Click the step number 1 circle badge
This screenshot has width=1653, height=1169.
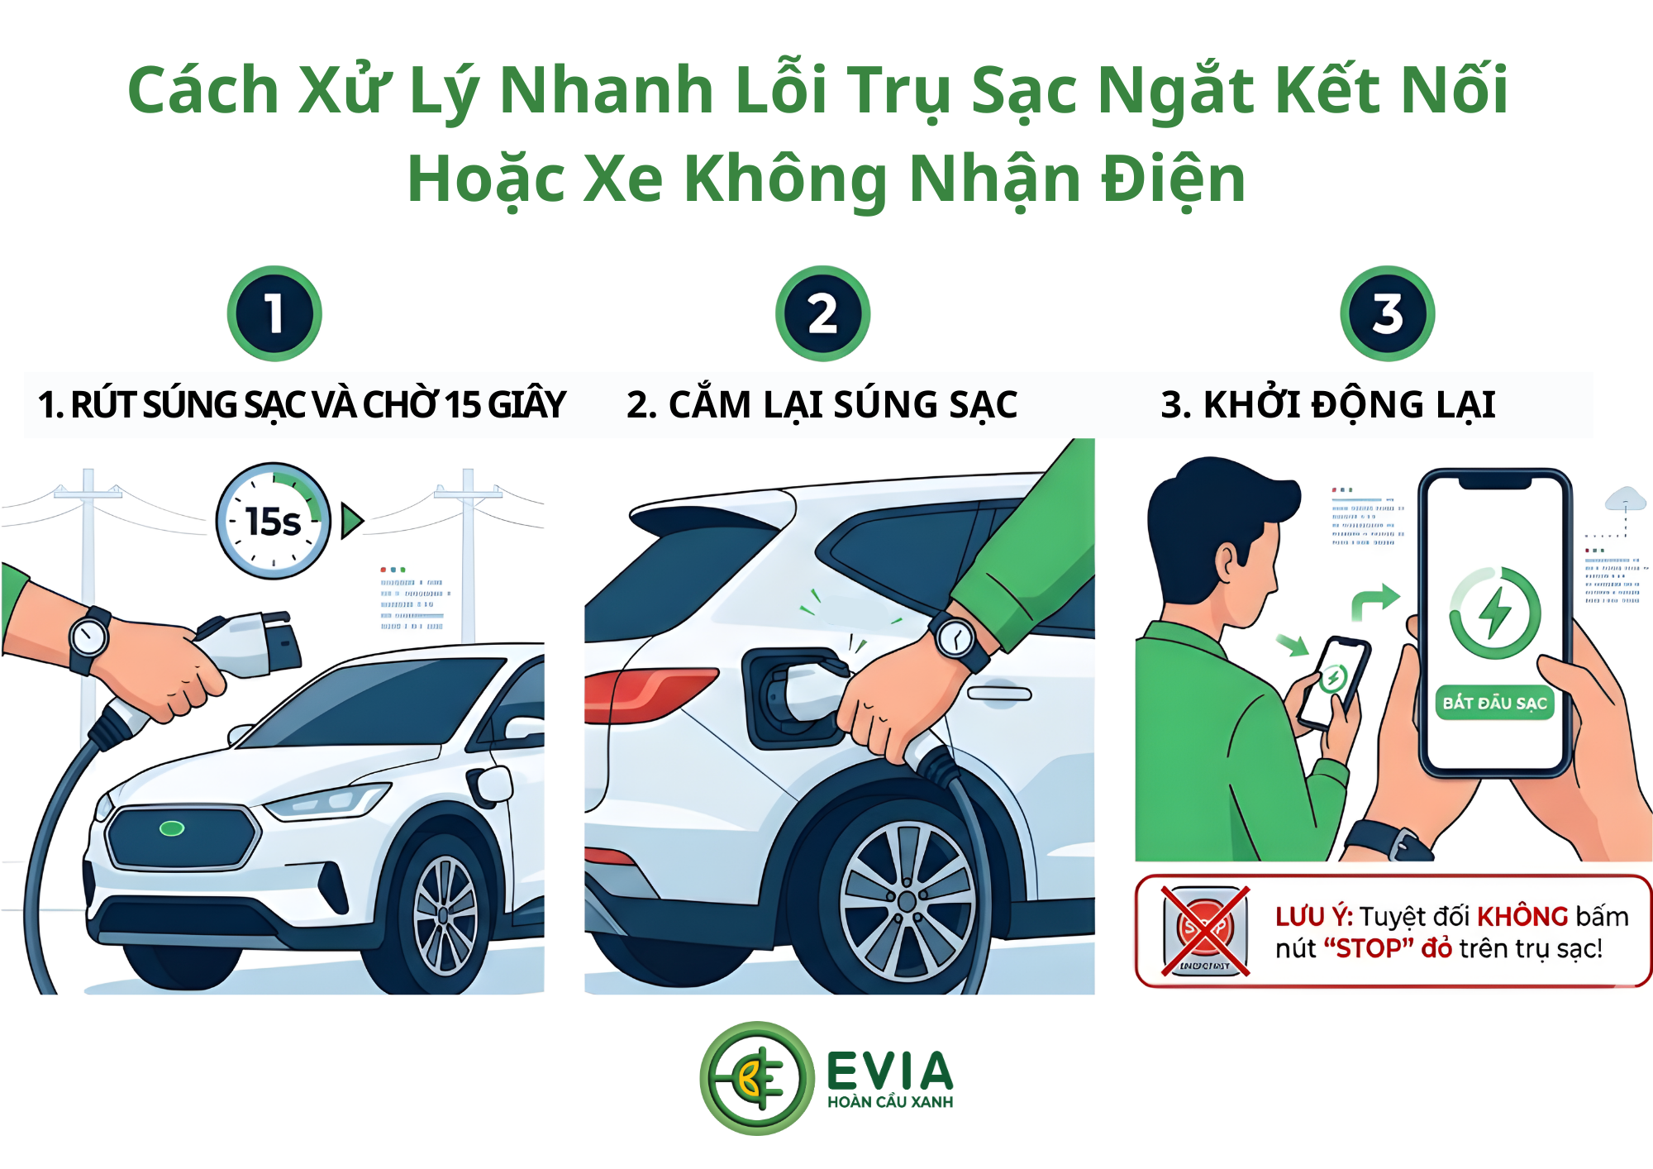click(x=274, y=313)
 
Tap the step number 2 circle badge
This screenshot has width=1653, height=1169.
click(x=822, y=313)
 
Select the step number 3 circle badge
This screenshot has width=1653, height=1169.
click(x=1387, y=313)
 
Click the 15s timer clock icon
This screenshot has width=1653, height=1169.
click(x=273, y=521)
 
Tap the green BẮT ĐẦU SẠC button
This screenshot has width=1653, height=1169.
click(x=1494, y=703)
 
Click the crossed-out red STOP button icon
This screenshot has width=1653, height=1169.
click(x=1205, y=931)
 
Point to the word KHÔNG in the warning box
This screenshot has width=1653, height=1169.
click(x=1522, y=917)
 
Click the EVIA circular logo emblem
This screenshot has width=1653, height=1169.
click(x=756, y=1078)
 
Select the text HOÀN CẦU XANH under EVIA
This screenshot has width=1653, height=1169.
click(x=890, y=1102)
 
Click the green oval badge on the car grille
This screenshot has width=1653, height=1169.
click(x=172, y=828)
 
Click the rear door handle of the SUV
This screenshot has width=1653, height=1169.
click(x=1000, y=694)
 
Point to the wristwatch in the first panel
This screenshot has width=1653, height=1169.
click(x=88, y=637)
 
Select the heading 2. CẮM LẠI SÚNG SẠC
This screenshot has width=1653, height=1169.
click(x=822, y=405)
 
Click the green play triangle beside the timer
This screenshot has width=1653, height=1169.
click(x=352, y=521)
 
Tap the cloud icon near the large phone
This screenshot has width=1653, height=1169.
click(x=1625, y=499)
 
